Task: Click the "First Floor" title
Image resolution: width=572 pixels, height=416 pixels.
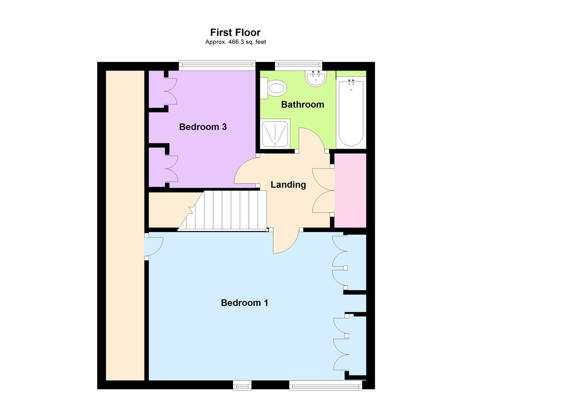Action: [x=235, y=32]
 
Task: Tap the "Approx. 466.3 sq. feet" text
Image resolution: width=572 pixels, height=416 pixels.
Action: [x=235, y=42]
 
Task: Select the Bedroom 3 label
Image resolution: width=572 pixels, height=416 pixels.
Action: [x=203, y=127]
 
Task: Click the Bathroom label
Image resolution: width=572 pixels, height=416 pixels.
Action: [x=302, y=104]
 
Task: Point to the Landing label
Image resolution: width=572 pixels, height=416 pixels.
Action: [x=288, y=184]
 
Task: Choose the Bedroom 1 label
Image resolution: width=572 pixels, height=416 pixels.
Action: [x=245, y=303]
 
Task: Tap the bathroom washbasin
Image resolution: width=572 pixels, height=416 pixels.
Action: [x=316, y=79]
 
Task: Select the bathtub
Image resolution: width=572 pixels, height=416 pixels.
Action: [x=351, y=113]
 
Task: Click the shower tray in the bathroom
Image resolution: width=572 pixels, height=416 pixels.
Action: [x=275, y=132]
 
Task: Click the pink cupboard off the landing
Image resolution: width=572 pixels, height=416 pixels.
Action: [x=350, y=190]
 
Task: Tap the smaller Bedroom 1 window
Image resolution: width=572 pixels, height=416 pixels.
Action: [x=242, y=385]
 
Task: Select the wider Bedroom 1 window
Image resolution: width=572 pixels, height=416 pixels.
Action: [x=326, y=385]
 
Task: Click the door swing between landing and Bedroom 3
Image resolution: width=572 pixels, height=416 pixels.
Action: [x=245, y=171]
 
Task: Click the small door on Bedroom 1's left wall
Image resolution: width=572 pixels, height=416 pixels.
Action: [x=153, y=246]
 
